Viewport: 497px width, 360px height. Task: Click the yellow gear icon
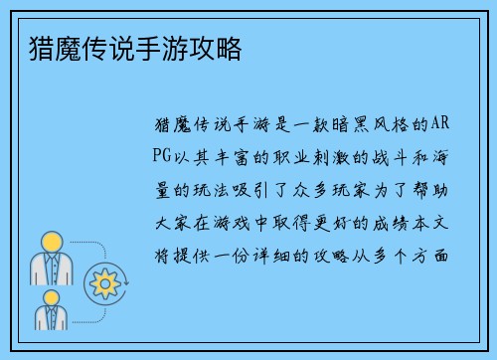(103, 283)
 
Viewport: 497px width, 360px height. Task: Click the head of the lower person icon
(48, 294)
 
